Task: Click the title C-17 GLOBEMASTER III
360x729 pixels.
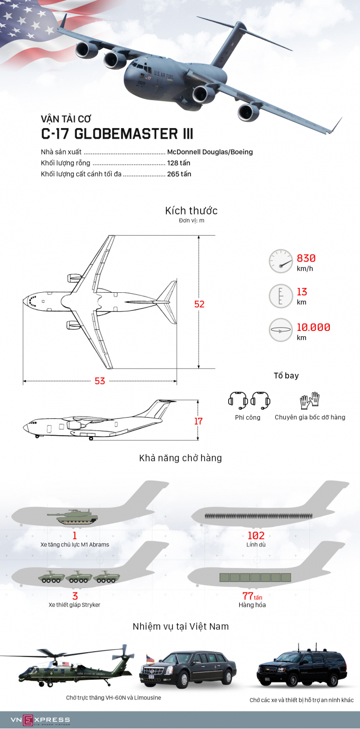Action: pos(116,133)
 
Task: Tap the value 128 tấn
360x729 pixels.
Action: pos(179,163)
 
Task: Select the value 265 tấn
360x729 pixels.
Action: pos(179,174)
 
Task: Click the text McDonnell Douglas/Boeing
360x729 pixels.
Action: pos(210,152)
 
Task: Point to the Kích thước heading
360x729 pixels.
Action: pos(191,211)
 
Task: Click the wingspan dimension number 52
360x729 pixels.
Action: pos(199,304)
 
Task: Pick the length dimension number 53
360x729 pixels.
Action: pos(100,381)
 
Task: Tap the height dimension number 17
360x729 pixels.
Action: pos(199,421)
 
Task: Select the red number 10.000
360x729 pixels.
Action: pos(313,327)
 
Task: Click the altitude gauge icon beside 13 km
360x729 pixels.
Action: pos(281,295)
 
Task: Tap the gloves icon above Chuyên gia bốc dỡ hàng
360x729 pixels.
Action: pos(310,400)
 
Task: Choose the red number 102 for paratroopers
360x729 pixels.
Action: pos(256,536)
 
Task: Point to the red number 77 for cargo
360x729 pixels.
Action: pos(248,596)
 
